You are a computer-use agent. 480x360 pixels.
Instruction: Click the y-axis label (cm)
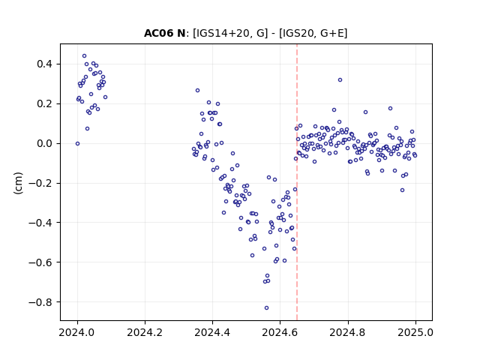pos(18,183)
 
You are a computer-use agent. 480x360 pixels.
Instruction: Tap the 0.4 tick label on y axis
pos(45,64)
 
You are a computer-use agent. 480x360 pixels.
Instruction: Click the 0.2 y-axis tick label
pos(45,104)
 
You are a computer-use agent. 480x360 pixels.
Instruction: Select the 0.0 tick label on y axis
pos(45,143)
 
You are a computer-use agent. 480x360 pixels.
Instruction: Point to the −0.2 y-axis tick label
pos(40,183)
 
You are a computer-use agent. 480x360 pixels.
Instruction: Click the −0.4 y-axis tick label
pos(40,223)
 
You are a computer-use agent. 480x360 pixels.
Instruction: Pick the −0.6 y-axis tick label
pos(40,262)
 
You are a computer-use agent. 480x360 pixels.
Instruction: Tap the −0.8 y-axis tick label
pos(40,302)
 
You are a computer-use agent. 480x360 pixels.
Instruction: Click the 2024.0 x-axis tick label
pos(77,332)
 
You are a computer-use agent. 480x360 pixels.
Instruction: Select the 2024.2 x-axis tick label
pos(145,332)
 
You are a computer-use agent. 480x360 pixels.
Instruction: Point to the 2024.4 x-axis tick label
pos(212,332)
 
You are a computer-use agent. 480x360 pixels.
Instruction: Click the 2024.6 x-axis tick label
pos(280,332)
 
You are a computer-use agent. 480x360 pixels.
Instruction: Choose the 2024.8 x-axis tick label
pos(348,332)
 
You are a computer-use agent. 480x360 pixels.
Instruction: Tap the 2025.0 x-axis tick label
pos(415,332)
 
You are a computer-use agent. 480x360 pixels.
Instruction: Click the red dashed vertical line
pos(297,182)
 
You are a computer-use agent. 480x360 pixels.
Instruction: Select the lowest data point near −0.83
pos(267,308)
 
